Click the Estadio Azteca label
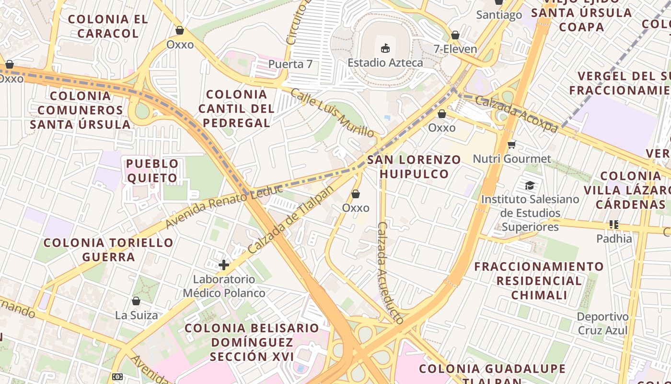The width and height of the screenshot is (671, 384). coord(385,63)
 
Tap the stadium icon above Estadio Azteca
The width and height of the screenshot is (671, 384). coord(385,48)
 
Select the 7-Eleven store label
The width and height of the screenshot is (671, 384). coord(455,49)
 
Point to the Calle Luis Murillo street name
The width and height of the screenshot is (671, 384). coord(332,113)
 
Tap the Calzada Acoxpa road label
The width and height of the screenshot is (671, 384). coord(517,113)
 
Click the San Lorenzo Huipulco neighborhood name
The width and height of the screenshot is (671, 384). coord(414,167)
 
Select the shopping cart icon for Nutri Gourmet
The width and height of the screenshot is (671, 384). coord(511,144)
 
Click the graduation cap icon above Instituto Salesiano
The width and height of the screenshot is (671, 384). coord(530,185)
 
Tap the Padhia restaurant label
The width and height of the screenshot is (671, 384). coord(614,239)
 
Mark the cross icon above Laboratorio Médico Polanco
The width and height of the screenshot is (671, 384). coord(224,265)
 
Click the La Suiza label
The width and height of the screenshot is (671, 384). coord(136,315)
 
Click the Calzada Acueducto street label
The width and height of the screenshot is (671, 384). coord(390,273)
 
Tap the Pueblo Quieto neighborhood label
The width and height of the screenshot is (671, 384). coord(152,171)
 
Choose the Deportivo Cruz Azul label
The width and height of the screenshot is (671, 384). coord(602,324)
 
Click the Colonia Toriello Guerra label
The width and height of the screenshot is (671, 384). coord(108,250)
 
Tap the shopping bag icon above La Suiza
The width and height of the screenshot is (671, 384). coord(136,301)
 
